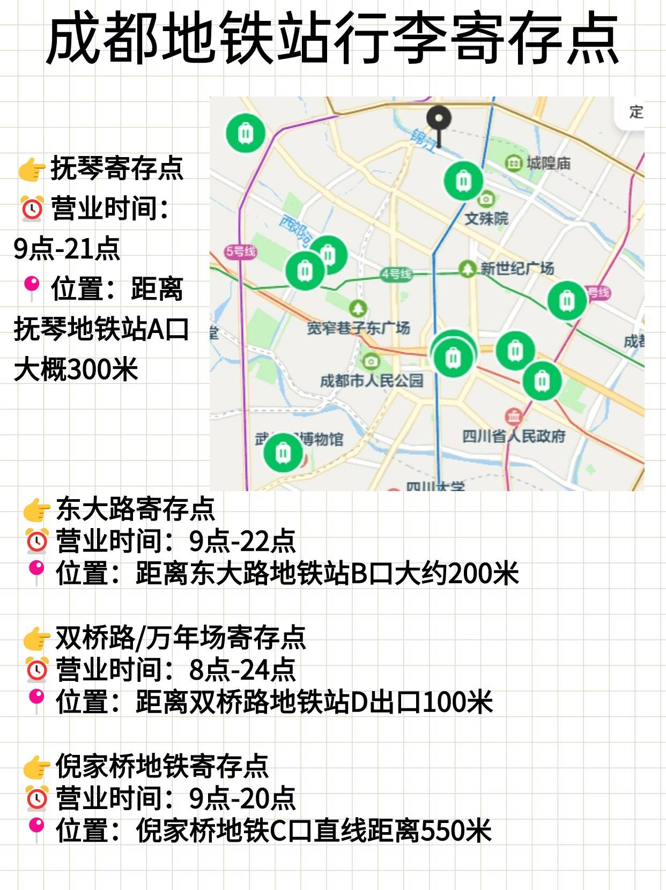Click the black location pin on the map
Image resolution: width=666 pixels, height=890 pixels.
tap(439, 120)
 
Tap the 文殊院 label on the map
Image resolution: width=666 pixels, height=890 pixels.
tap(486, 218)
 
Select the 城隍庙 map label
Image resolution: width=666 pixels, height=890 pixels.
tap(547, 162)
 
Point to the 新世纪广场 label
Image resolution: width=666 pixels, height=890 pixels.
tap(516, 268)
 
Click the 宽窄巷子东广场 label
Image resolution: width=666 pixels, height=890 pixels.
tap(358, 328)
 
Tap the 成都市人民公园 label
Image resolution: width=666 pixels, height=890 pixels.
tap(372, 381)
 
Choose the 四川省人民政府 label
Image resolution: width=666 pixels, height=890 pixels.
tap(514, 436)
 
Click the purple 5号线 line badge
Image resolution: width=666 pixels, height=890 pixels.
tap(241, 251)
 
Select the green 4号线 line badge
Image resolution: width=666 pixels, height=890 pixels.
tap(396, 275)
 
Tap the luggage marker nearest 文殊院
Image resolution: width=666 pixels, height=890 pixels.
tap(463, 181)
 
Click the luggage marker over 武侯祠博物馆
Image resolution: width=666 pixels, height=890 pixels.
tap(283, 453)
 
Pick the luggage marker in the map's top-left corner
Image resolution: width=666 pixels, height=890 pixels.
tap(245, 132)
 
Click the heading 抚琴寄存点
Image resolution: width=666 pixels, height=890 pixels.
tap(117, 168)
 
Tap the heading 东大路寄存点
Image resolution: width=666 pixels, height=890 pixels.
tap(135, 509)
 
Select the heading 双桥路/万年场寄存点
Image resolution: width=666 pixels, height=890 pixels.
tap(180, 637)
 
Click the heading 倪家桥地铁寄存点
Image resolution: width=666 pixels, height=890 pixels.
tap(162, 766)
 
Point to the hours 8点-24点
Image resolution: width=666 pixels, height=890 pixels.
tap(242, 670)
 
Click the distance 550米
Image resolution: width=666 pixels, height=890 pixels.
tap(456, 830)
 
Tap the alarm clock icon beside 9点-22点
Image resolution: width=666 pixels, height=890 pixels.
tap(37, 541)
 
